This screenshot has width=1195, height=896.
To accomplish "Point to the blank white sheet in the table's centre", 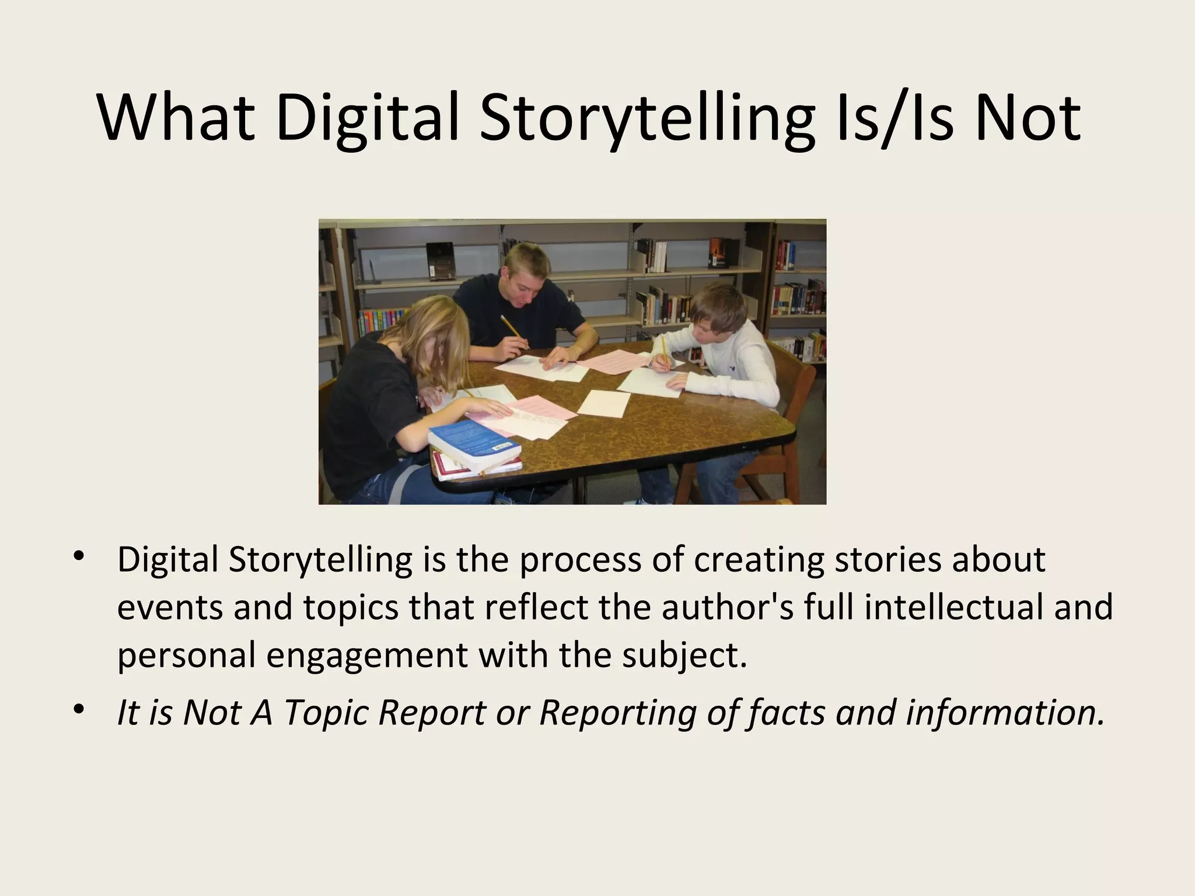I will [x=604, y=403].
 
